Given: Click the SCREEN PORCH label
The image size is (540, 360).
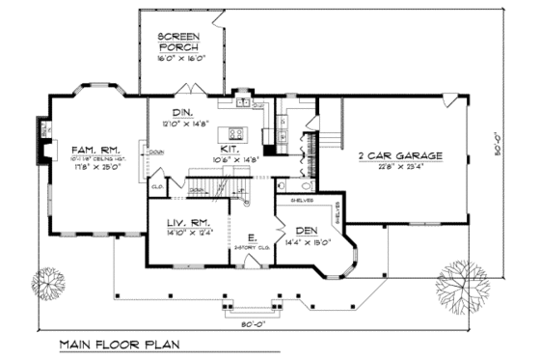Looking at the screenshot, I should pyautogui.click(x=180, y=42).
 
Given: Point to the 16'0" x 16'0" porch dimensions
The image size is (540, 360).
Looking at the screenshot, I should pyautogui.click(x=180, y=59).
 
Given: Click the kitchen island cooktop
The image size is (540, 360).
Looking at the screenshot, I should pyautogui.click(x=234, y=131).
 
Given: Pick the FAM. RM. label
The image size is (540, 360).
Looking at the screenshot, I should pyautogui.click(x=94, y=149).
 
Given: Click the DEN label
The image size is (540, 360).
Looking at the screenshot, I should pyautogui.click(x=308, y=231).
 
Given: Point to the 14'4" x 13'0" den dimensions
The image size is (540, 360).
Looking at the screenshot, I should pyautogui.click(x=308, y=242).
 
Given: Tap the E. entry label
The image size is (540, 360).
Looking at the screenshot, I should pyautogui.click(x=251, y=237).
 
